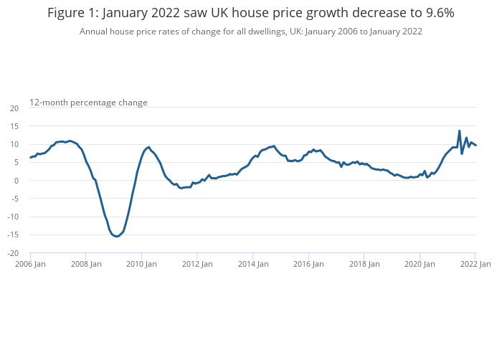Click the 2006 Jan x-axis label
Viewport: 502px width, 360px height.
(30, 264)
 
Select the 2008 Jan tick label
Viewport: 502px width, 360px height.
(86, 264)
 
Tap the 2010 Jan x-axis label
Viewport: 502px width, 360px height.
(141, 264)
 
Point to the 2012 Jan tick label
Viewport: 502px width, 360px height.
(197, 264)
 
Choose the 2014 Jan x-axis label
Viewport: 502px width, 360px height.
(253, 264)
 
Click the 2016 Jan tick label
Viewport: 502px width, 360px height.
(308, 264)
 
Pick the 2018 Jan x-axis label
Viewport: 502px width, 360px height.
(364, 264)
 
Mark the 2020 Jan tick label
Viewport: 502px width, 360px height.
(420, 264)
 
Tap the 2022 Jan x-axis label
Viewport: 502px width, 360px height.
(475, 264)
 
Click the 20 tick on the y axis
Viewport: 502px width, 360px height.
(14, 108)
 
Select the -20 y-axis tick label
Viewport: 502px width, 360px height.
(13, 253)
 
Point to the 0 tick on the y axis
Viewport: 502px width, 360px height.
(16, 181)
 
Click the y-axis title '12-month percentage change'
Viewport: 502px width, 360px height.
(88, 103)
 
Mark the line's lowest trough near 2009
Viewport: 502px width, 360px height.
(117, 237)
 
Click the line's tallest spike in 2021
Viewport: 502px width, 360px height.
(459, 131)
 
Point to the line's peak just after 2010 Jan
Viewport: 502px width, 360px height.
(148, 147)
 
